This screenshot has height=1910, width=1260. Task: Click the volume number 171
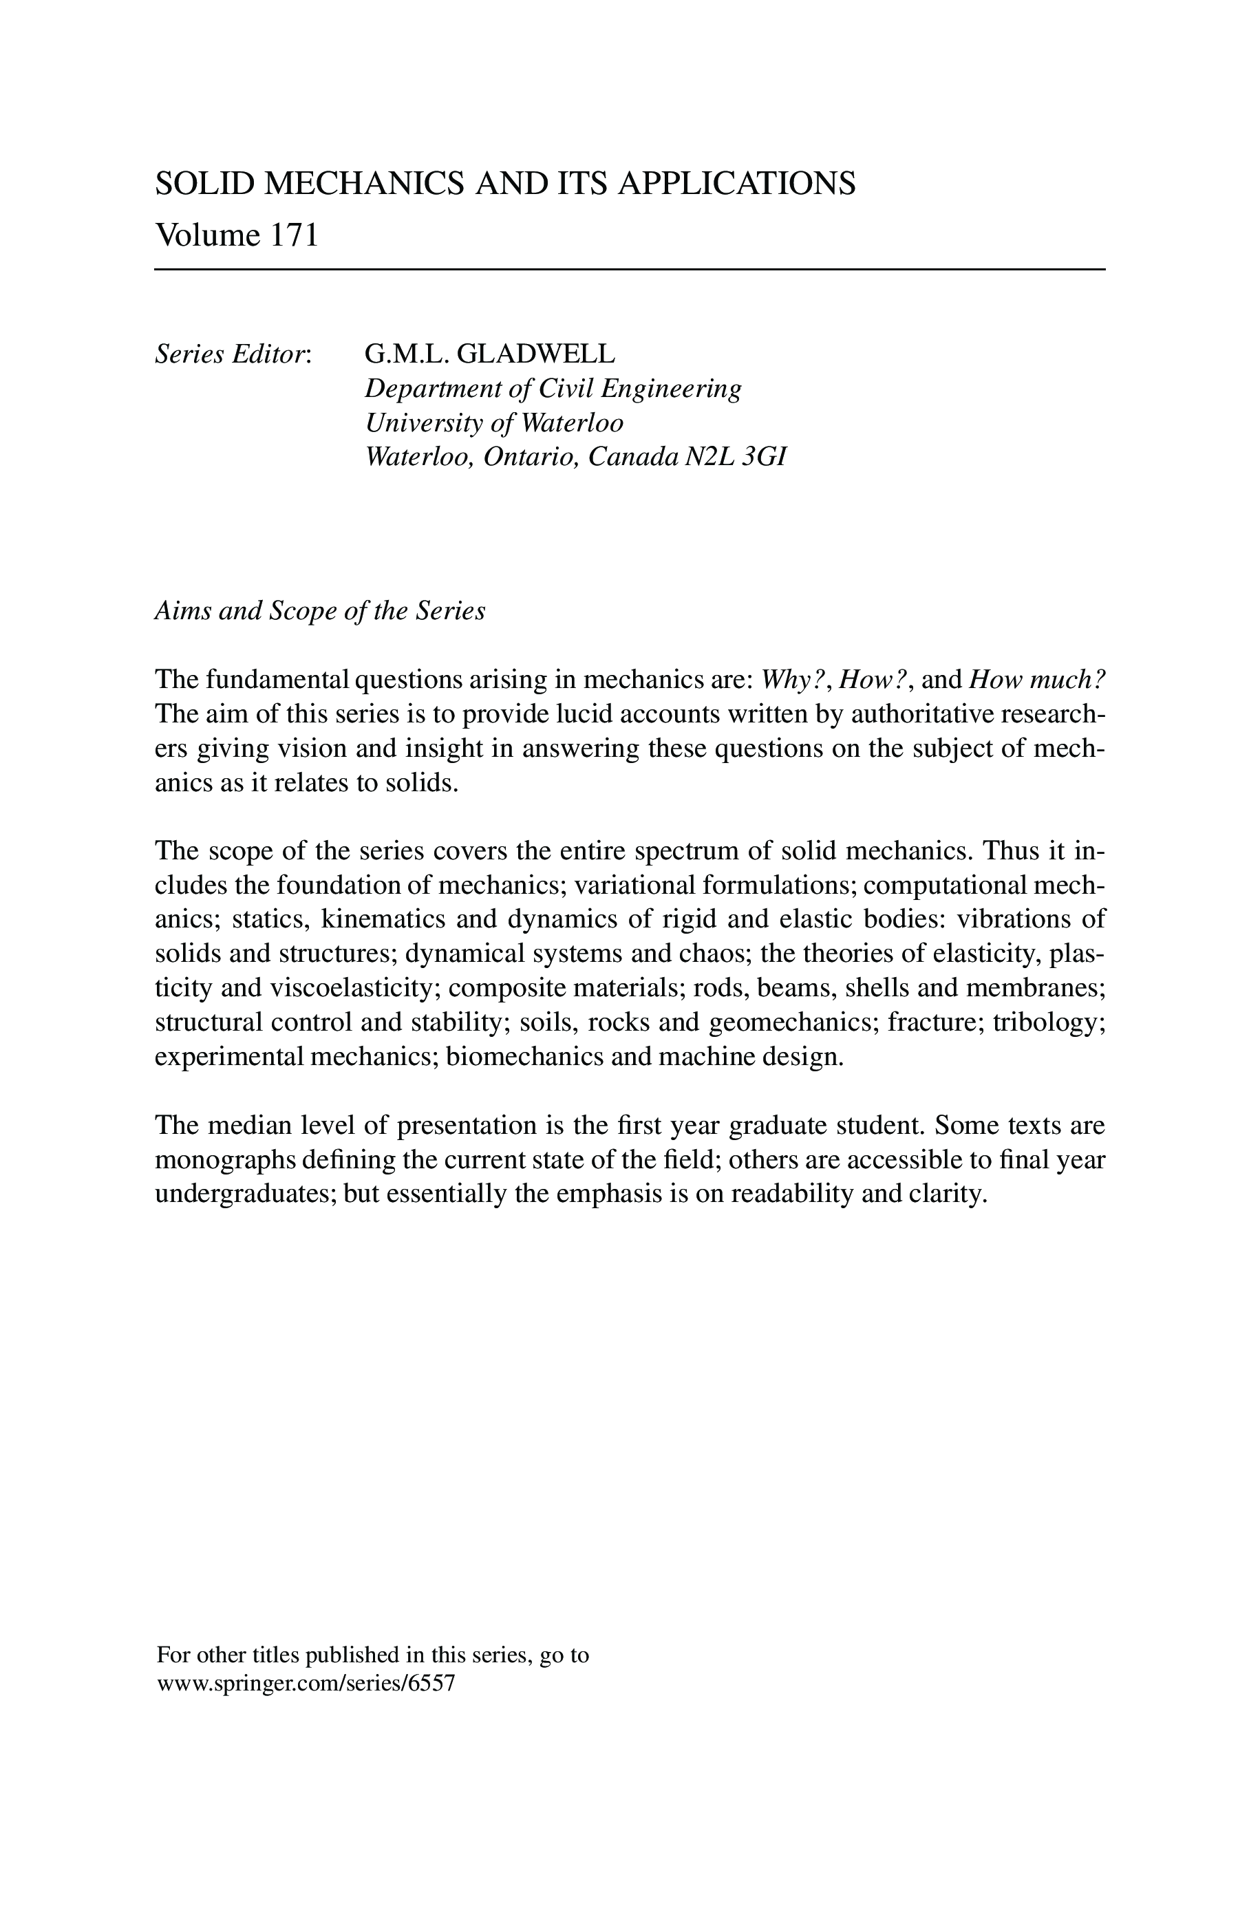click(294, 235)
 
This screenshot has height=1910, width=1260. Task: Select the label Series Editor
click(232, 354)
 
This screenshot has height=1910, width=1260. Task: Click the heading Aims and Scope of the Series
click(320, 611)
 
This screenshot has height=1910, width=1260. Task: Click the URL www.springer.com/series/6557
click(306, 1684)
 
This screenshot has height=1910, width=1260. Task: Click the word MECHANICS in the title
click(364, 184)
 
